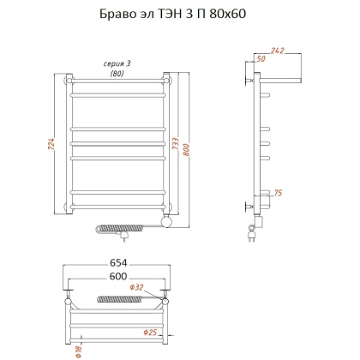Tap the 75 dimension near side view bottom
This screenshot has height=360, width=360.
(x=277, y=194)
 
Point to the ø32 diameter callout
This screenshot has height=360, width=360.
(x=137, y=288)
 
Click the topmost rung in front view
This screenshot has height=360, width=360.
(x=118, y=83)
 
